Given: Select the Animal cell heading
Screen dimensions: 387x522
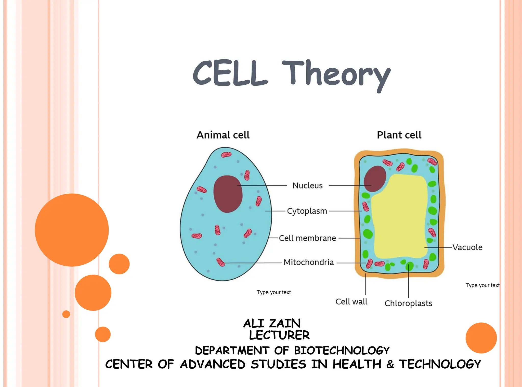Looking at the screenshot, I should [x=223, y=135].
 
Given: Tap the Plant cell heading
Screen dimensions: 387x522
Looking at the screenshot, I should [x=399, y=135].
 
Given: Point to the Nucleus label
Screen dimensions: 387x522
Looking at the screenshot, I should [x=307, y=185].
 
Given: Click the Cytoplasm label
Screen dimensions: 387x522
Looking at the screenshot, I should [x=307, y=211].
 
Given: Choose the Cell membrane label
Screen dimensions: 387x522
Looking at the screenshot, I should [x=307, y=238].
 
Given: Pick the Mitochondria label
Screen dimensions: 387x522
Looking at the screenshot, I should [x=309, y=262].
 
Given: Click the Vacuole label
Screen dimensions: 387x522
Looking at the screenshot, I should [x=467, y=247].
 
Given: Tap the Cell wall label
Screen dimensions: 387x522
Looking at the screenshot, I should [x=351, y=302].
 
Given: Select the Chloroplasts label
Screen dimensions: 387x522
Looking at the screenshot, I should [x=408, y=303].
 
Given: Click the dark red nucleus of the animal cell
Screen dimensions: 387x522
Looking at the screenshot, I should [x=228, y=194].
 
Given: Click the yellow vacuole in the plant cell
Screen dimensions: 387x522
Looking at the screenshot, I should [x=400, y=217].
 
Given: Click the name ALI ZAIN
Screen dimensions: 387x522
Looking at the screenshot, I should [x=272, y=323].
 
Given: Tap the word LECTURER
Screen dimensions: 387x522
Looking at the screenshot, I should [x=279, y=335].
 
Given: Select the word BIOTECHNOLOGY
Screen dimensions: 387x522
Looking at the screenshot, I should [x=342, y=351].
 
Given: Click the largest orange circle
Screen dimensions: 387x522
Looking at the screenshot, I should [x=72, y=230].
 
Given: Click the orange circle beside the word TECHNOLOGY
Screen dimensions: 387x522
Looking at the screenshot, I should [x=481, y=338].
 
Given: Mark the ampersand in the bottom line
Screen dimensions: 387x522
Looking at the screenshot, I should [x=390, y=364].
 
